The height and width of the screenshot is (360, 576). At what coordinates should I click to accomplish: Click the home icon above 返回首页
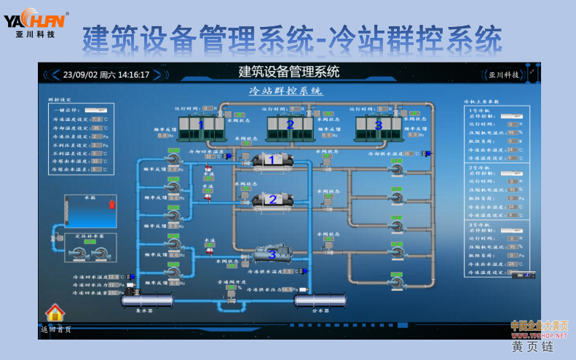click(55, 313)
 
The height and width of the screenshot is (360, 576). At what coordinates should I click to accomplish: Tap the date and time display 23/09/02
click(106, 74)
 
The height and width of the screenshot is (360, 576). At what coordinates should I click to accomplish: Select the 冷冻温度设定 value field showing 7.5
click(97, 118)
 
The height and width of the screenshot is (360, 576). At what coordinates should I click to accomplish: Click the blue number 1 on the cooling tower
click(202, 125)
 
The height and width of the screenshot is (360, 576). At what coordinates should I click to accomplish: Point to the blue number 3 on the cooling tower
click(378, 125)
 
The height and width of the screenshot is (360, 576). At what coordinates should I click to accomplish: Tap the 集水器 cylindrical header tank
click(147, 300)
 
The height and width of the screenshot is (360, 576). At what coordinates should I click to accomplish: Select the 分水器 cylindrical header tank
click(319, 300)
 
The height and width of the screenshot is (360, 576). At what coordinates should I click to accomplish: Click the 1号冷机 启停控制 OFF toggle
click(514, 115)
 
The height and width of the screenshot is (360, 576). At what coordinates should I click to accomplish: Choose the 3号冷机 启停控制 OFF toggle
click(514, 230)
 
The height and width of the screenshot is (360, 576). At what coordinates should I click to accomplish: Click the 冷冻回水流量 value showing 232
click(113, 293)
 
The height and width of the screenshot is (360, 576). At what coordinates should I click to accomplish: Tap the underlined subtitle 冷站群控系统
click(285, 91)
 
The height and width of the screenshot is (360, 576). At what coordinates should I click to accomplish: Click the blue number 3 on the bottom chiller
click(272, 254)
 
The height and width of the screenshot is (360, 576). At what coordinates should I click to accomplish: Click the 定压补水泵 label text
click(90, 236)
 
